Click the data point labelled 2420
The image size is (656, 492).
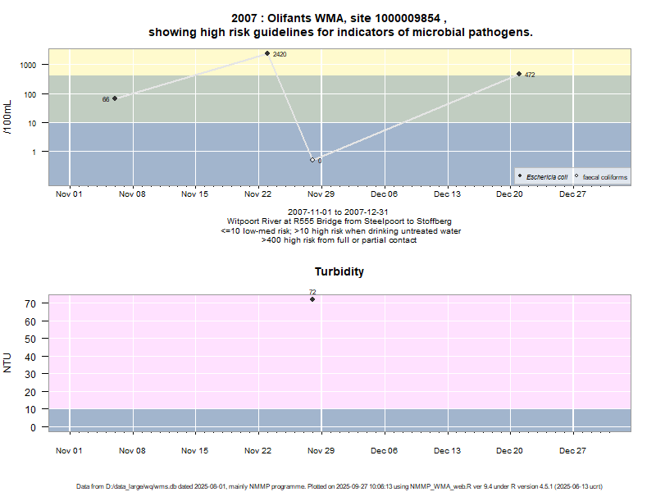click(267, 53)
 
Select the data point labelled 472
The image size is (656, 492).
click(519, 74)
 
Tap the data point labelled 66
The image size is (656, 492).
click(115, 98)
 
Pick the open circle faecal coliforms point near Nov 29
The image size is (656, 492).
click(312, 160)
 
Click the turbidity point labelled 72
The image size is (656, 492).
click(312, 299)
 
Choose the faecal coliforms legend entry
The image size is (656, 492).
click(600, 177)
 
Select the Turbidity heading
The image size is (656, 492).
click(339, 271)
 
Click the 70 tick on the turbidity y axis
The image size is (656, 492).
click(32, 303)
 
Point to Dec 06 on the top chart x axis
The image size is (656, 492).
click(384, 194)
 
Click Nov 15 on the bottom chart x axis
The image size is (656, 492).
click(195, 450)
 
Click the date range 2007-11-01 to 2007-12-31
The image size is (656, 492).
click(339, 212)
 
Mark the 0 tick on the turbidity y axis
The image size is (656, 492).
click(34, 427)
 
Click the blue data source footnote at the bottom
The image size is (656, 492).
click(339, 486)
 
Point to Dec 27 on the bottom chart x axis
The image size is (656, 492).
click(572, 450)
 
